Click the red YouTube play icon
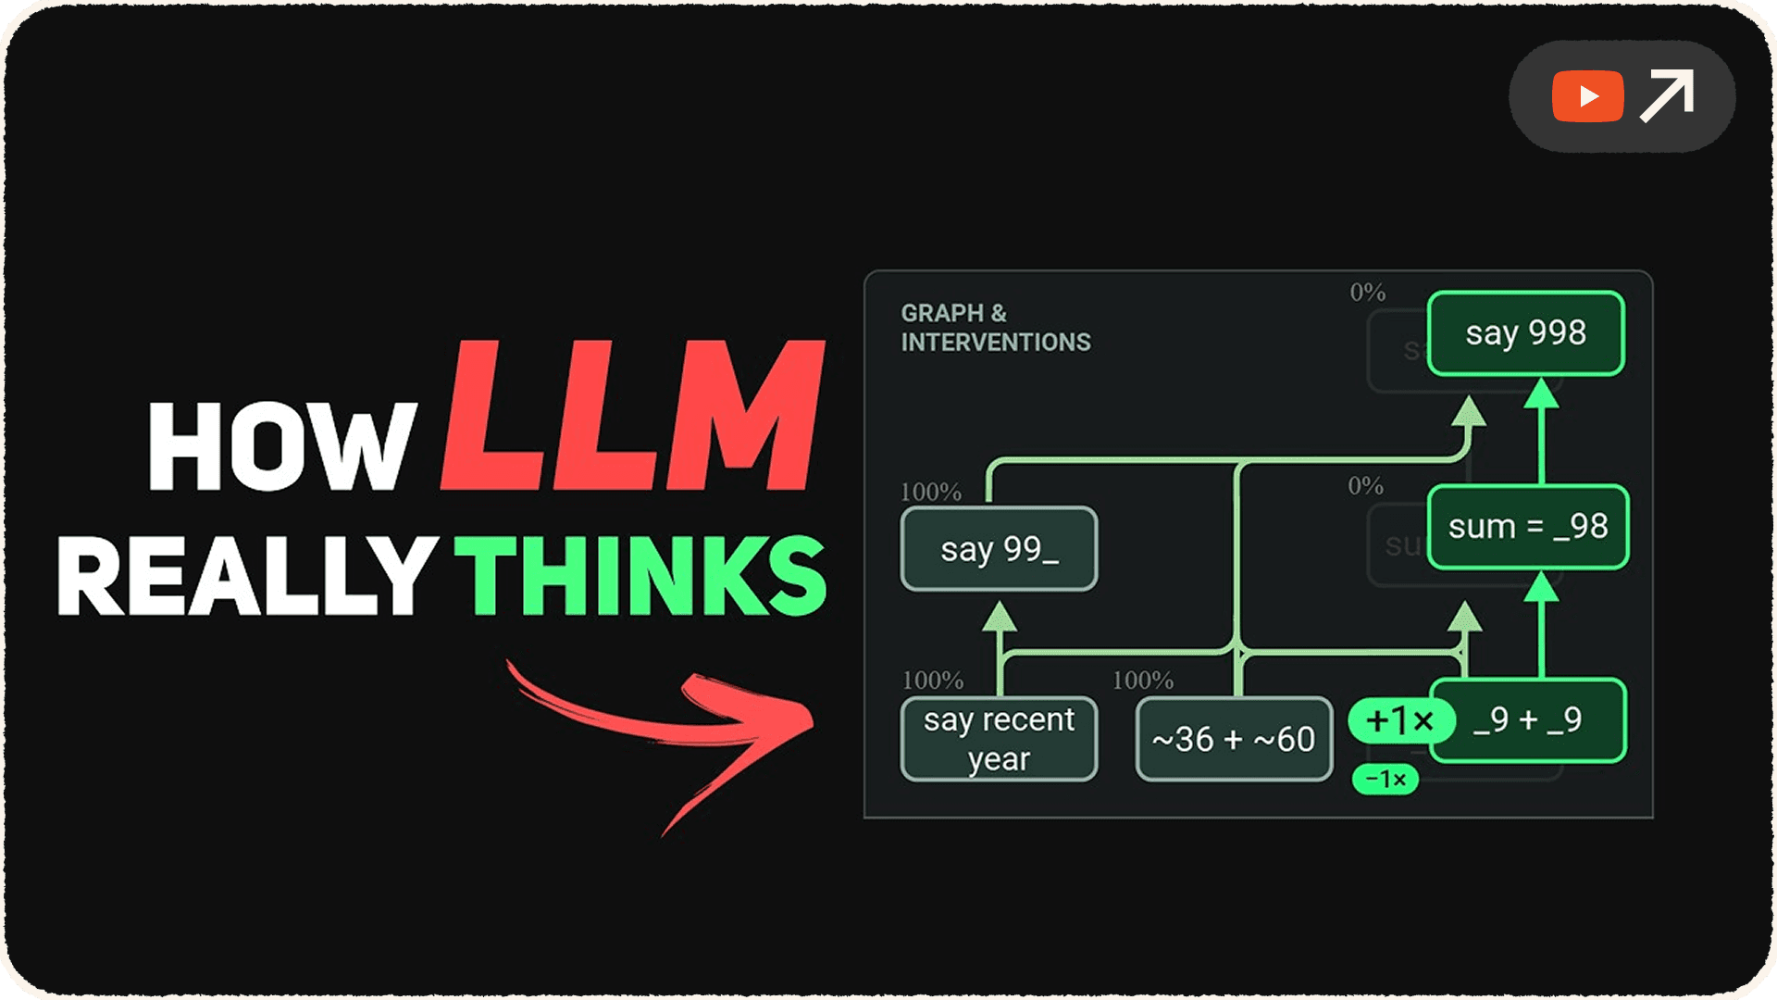click(1587, 96)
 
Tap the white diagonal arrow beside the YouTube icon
click(1667, 95)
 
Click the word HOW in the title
click(281, 446)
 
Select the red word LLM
click(633, 416)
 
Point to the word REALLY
click(246, 576)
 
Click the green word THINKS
click(640, 576)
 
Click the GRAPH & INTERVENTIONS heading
click(995, 328)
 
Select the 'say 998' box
click(1525, 333)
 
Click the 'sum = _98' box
click(1527, 527)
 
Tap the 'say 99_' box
click(999, 549)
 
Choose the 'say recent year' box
click(999, 739)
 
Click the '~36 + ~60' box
click(1234, 739)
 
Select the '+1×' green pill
click(1399, 720)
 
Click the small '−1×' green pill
click(1386, 780)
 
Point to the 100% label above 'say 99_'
click(931, 492)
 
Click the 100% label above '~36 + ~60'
click(1143, 681)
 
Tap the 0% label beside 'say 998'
click(1367, 293)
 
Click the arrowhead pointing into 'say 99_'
click(1000, 618)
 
